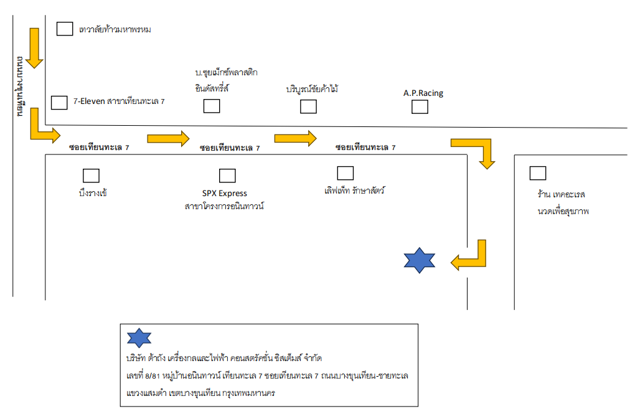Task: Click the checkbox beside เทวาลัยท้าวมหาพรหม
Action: click(x=65, y=29)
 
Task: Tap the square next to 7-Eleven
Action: click(x=59, y=102)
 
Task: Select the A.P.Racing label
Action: click(x=423, y=93)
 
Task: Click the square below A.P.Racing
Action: click(x=420, y=107)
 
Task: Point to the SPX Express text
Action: click(x=225, y=193)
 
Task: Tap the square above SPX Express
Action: click(x=227, y=176)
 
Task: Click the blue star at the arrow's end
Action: click(x=419, y=261)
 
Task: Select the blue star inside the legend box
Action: click(x=139, y=337)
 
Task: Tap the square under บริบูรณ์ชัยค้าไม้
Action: click(x=308, y=106)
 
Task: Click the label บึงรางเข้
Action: click(x=90, y=193)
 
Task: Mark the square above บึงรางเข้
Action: click(x=91, y=176)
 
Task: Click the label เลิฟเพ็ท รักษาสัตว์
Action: click(x=354, y=190)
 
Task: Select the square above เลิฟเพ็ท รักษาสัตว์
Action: click(x=345, y=173)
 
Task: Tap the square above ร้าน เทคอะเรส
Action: click(x=537, y=173)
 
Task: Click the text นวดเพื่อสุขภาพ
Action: click(x=563, y=212)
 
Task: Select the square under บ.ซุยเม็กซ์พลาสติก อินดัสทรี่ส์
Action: click(x=212, y=106)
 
